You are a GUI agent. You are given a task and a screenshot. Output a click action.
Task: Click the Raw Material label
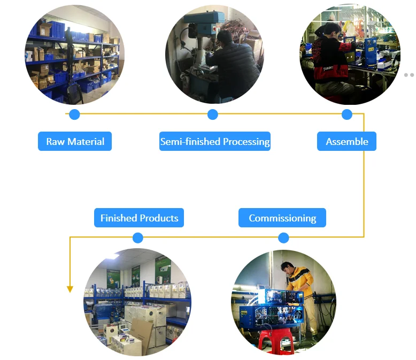[x=75, y=142]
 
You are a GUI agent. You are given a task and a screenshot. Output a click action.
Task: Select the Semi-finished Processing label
[x=214, y=142]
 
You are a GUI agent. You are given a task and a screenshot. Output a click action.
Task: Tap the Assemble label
[x=347, y=142]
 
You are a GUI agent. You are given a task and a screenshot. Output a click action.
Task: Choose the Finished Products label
[x=139, y=218]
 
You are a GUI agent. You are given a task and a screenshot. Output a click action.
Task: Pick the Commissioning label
[x=282, y=218]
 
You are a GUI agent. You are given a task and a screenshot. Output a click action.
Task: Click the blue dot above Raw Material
[x=74, y=114]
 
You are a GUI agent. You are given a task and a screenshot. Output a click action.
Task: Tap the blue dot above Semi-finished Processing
[x=213, y=114]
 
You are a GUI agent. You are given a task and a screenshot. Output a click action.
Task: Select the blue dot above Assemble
[x=347, y=114]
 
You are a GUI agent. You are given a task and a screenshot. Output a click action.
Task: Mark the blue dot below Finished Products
[x=138, y=238]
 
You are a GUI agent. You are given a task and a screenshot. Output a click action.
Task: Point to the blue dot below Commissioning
[x=283, y=238]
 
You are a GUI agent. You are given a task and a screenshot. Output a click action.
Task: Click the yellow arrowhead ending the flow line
[x=70, y=289]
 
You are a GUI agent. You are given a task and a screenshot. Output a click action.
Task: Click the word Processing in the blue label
[x=246, y=142]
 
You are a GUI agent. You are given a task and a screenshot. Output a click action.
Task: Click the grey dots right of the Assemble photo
[x=409, y=75]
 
